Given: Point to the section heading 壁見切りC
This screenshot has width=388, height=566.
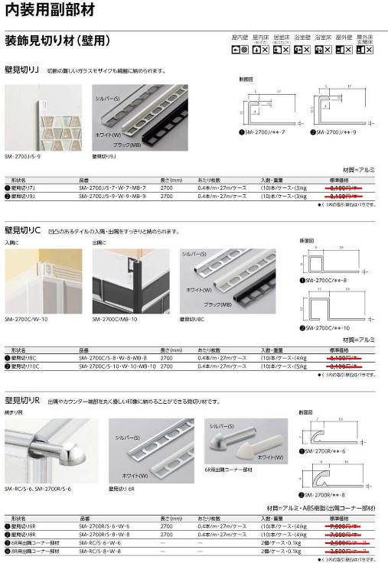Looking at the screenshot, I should [22, 229].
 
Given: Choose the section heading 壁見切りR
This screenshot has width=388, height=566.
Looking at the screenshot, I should [22, 400].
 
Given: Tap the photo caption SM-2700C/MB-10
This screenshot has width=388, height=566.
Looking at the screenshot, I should [115, 319].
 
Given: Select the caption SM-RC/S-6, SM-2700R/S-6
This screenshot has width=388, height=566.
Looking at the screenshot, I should [38, 488].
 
